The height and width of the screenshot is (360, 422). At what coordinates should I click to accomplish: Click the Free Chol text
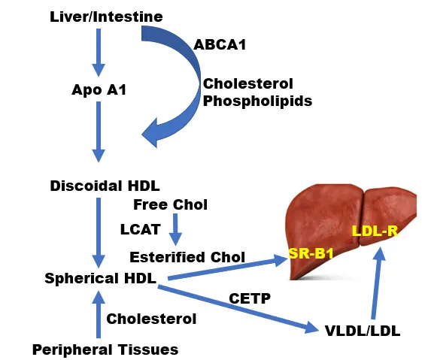pyautogui.click(x=170, y=204)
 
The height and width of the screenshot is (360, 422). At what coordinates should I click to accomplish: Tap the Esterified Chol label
pyautogui.click(x=187, y=257)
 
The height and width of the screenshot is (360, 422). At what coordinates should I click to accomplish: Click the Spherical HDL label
pyautogui.click(x=100, y=278)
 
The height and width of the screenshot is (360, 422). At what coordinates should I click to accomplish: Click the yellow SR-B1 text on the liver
pyautogui.click(x=311, y=254)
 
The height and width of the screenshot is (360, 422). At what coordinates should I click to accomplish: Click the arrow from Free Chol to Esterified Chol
pyautogui.click(x=175, y=228)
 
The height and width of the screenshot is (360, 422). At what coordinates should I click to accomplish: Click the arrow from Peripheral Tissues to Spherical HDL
pyautogui.click(x=96, y=315)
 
